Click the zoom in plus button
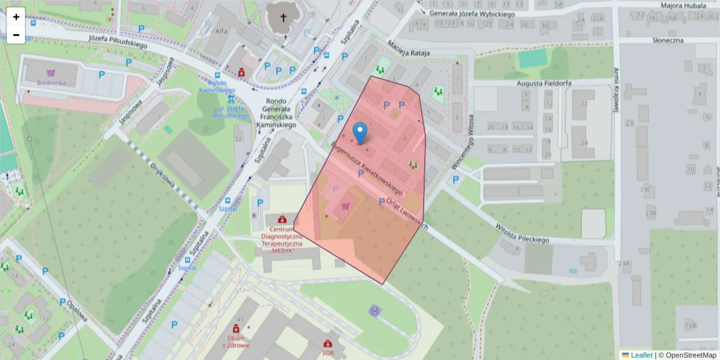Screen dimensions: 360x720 point(16,17)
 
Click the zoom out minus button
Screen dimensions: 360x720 point(16,35)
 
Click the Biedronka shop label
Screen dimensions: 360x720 point(50,83)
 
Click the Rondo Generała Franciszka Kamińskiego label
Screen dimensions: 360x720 point(276,113)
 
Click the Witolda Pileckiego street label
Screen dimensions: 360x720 point(522,233)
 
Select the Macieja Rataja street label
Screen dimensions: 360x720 point(409,48)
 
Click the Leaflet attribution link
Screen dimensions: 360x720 point(641,355)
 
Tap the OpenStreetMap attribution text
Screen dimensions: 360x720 point(688,355)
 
